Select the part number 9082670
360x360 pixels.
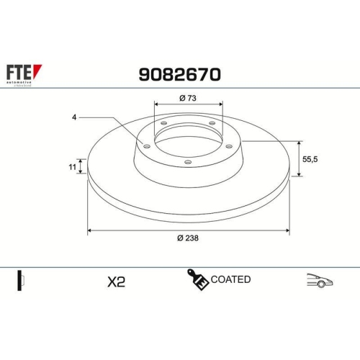point(179,74)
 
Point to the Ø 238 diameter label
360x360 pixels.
point(188,239)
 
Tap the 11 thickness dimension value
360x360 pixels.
point(72,167)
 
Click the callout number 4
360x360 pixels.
point(74,117)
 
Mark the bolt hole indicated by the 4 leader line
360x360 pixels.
point(148,147)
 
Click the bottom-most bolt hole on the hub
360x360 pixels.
point(188,162)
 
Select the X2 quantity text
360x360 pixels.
point(115,282)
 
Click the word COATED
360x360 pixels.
point(231,279)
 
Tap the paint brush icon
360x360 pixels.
point(197,279)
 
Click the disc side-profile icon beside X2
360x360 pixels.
point(20,280)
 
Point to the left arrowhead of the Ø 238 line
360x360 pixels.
point(90,230)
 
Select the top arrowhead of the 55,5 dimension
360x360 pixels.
point(299,143)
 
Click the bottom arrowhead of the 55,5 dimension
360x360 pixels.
point(299,174)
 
